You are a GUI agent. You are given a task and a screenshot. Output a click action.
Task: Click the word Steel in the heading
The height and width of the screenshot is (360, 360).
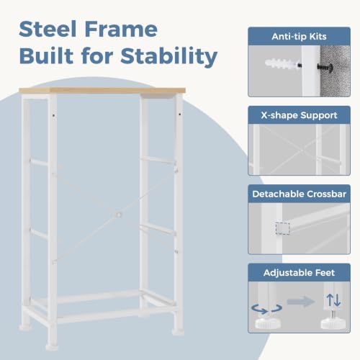[48, 29]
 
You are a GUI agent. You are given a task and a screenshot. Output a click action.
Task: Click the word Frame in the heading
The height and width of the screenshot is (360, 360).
[121, 29]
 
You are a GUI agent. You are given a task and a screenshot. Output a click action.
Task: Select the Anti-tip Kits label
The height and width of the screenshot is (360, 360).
[299, 37]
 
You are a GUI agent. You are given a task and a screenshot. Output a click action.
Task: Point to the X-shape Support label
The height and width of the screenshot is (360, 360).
[299, 115]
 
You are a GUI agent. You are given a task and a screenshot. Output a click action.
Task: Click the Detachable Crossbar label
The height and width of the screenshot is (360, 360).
[299, 194]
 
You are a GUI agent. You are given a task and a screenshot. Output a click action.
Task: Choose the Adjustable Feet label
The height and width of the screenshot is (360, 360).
[299, 273]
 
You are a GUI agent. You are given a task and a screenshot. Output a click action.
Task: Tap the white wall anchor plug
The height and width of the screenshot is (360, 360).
[282, 64]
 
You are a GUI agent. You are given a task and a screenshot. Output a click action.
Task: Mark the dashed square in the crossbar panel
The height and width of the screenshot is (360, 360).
[282, 228]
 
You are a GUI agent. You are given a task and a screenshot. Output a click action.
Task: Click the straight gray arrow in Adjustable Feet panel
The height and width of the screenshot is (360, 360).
[301, 302]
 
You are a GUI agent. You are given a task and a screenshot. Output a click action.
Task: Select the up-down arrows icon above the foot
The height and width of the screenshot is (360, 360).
[333, 300]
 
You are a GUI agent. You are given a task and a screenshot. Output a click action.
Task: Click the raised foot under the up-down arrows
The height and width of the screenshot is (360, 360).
[333, 322]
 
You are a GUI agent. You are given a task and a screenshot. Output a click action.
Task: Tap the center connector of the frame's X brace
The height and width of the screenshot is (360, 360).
[119, 215]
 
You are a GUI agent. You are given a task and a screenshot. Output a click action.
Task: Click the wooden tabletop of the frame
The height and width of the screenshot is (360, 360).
[102, 91]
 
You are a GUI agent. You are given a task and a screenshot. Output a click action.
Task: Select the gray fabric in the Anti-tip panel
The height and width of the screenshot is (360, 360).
[335, 71]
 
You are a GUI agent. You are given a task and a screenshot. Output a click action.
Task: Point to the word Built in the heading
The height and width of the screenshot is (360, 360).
[46, 55]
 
